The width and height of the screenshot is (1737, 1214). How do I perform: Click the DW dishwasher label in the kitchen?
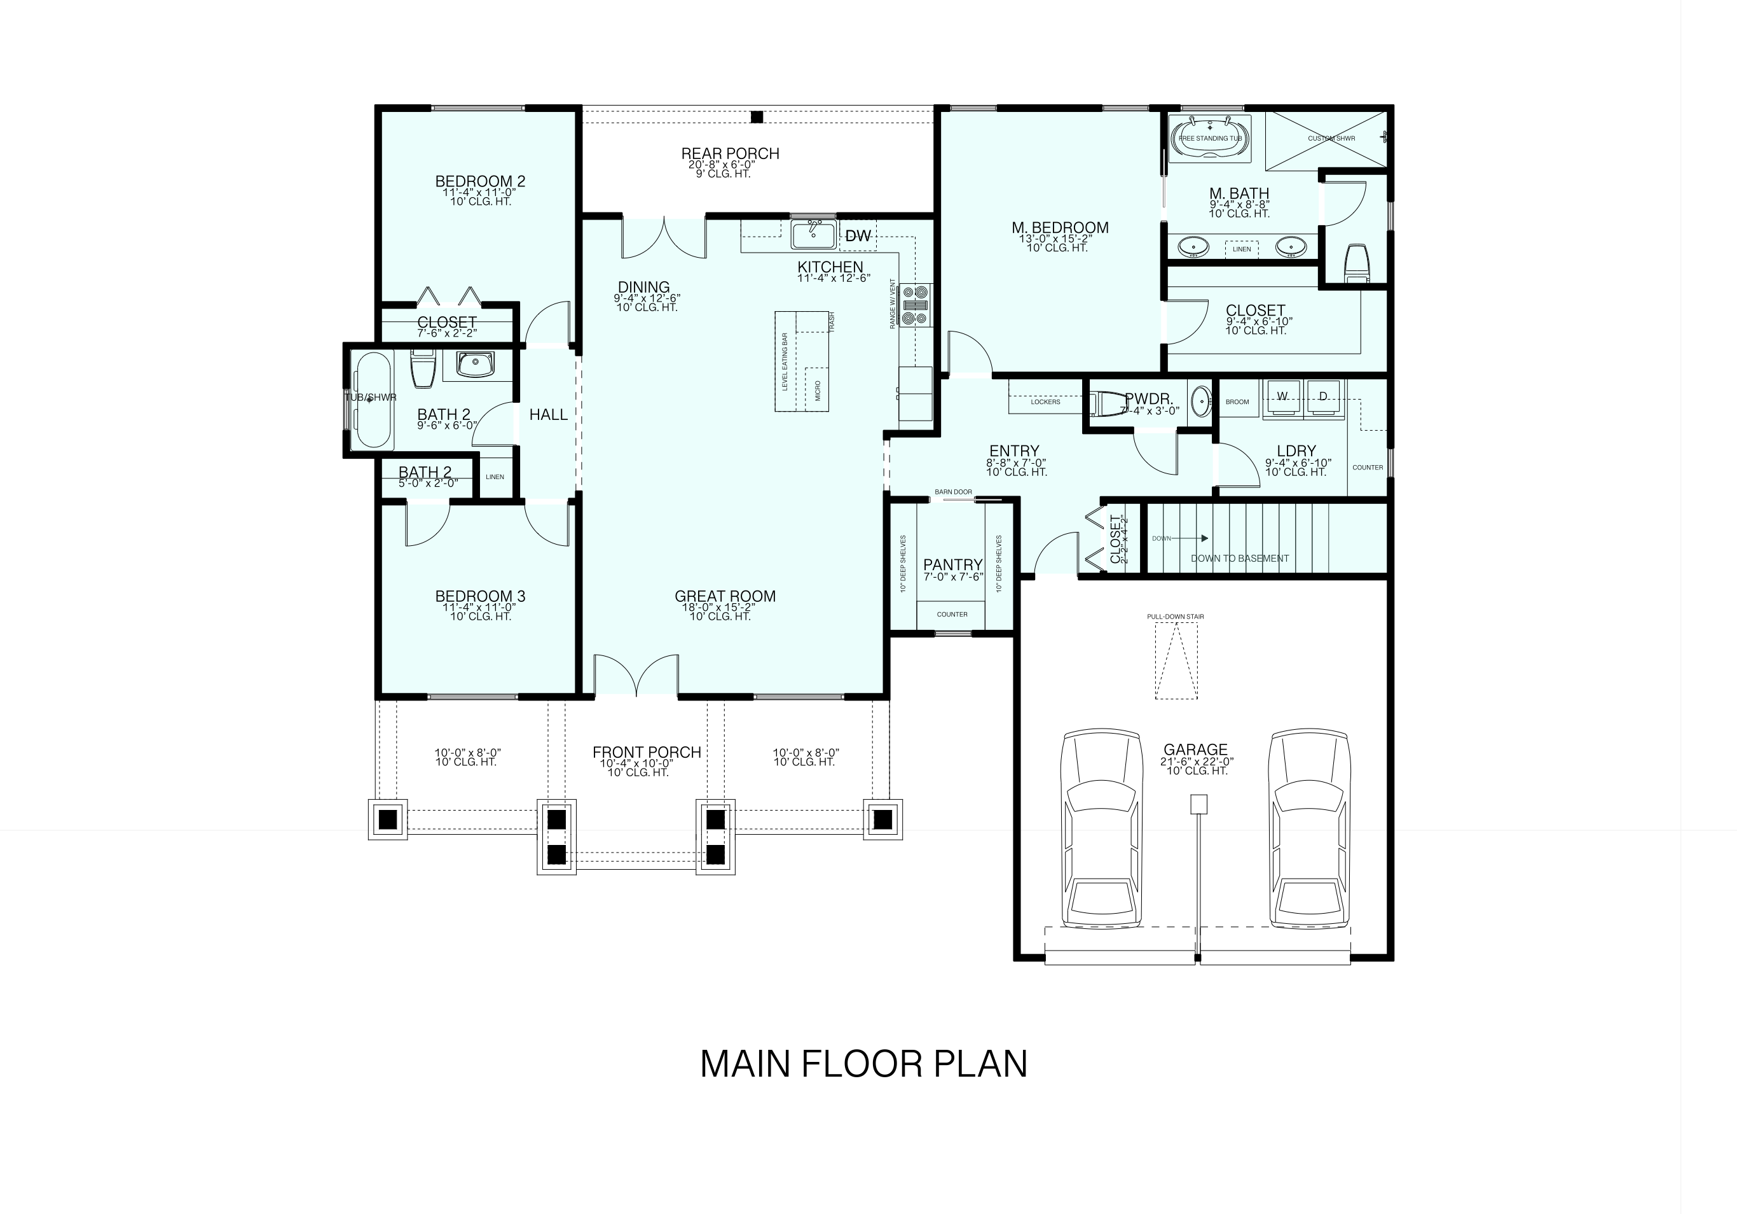tap(858, 236)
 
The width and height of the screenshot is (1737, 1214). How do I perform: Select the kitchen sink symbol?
tap(814, 234)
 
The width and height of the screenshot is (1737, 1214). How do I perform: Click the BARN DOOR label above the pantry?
tap(952, 492)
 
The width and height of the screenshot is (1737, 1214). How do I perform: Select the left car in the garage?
tap(1101, 829)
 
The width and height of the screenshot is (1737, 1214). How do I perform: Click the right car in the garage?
tap(1310, 829)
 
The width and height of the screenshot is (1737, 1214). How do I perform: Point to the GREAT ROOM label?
tap(725, 596)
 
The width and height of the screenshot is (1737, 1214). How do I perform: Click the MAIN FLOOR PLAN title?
tap(863, 1064)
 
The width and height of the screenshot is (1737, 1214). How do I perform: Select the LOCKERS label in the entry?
tap(1045, 402)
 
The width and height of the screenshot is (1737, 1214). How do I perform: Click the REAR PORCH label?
tap(730, 153)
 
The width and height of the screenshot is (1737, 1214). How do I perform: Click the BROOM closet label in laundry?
tap(1237, 402)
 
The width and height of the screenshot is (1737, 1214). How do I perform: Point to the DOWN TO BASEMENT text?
tap(1239, 559)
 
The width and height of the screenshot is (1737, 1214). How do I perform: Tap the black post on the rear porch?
tap(757, 116)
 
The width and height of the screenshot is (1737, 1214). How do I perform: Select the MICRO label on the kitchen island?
tap(818, 391)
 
